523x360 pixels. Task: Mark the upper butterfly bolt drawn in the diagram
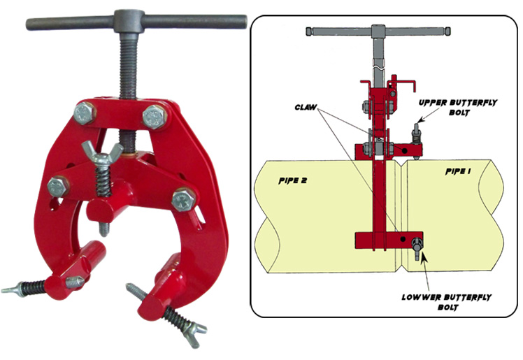coord(416,138)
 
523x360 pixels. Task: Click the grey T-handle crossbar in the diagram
coord(378,31)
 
